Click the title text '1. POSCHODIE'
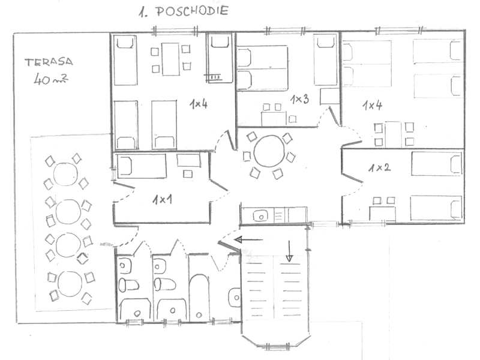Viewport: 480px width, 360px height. [184, 11]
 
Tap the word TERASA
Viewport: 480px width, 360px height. [49, 62]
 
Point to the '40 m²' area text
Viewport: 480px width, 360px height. [50, 79]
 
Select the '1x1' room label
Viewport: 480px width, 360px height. [162, 200]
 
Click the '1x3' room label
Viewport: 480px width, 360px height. [299, 99]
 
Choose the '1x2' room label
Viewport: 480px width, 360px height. [379, 167]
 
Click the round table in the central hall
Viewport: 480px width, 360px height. [269, 151]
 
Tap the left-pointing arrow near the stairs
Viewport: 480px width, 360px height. [248, 239]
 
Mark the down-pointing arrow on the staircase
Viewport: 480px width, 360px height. [289, 251]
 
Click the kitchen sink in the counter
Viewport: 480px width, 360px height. [260, 215]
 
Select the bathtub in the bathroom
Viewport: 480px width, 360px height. [199, 298]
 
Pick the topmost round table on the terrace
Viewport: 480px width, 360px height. [65, 174]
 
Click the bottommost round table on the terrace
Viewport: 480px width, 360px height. [70, 284]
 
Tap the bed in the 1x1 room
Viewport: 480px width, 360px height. [142, 166]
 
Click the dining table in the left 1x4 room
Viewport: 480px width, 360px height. [170, 59]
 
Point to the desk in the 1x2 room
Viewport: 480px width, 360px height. [382, 214]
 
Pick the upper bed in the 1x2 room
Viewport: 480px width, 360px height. [437, 164]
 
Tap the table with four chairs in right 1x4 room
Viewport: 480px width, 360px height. [394, 134]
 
